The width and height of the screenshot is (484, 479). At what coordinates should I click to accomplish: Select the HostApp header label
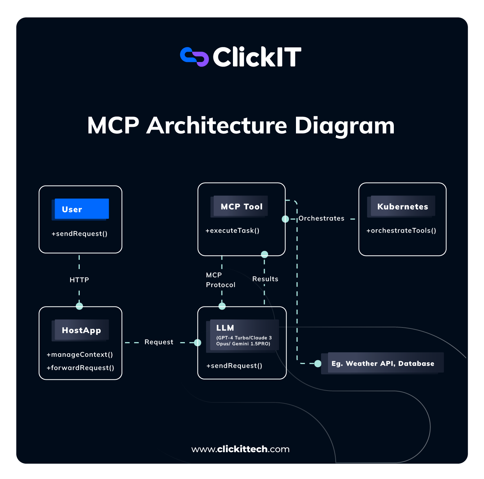(81, 330)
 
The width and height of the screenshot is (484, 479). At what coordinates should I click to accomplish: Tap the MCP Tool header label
(241, 207)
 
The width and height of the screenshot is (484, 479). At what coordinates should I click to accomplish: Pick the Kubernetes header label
(403, 207)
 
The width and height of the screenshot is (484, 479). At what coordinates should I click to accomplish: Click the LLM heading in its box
(225, 328)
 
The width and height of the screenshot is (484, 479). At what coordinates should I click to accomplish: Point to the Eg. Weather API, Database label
(383, 363)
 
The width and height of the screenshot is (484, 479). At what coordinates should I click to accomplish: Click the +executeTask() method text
(233, 231)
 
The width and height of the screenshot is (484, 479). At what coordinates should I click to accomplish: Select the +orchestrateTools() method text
(401, 231)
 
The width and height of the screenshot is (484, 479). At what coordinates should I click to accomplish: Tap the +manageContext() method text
(80, 355)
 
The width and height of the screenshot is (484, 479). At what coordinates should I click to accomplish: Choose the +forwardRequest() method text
(80, 368)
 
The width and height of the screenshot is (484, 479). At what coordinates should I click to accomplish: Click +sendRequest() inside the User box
(79, 234)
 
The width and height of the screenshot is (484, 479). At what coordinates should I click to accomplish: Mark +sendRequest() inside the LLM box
(234, 366)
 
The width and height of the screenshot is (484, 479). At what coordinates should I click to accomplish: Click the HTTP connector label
(79, 280)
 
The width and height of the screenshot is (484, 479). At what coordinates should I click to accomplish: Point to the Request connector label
(159, 342)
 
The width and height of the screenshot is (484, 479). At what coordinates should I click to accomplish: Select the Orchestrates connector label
(321, 218)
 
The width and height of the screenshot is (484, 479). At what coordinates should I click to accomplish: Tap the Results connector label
(265, 279)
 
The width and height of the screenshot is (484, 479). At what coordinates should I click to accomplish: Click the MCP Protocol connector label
(220, 280)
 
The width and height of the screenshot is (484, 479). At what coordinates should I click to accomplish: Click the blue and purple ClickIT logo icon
(194, 57)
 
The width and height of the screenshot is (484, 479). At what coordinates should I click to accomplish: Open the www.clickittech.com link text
(240, 449)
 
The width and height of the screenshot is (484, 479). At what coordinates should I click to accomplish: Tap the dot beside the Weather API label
(318, 364)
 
